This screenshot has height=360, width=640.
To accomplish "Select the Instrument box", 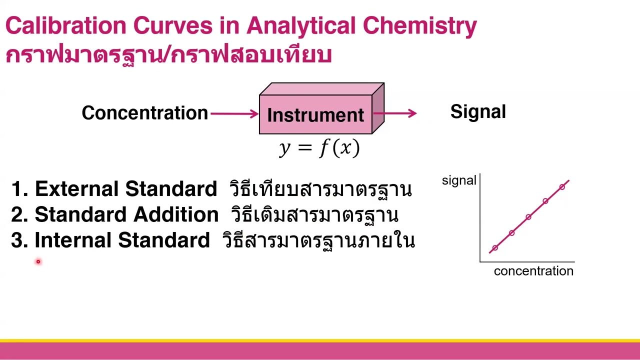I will pos(315,114).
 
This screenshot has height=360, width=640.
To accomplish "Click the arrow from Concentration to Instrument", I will pos(234,113).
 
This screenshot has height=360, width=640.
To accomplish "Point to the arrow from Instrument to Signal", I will pos(395,113).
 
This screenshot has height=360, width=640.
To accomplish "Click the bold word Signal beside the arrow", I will pos(478,112).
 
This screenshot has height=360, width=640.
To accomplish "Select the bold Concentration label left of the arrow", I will pos(144,113).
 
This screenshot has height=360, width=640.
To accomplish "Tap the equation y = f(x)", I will pos(319,148).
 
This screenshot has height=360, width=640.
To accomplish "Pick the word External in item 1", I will pos(77,189).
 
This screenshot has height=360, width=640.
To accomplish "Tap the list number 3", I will pos(18,240).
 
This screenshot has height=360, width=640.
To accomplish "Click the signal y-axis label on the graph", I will pos(458,181).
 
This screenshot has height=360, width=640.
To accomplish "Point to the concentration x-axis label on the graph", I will pos(533,271).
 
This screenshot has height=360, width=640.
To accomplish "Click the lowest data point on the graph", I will pos(495,248).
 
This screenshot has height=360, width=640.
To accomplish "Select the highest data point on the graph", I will pos(562,187).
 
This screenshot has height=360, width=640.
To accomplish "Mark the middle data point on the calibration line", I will pos(528,217).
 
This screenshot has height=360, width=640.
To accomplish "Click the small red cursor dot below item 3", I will pos(37,261).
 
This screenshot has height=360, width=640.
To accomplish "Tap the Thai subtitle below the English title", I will pos(168,54).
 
